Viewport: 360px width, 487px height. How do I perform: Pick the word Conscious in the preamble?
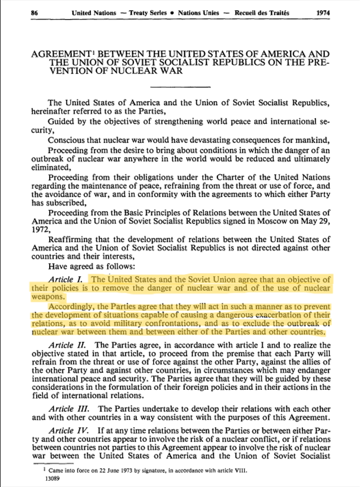[68, 141]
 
